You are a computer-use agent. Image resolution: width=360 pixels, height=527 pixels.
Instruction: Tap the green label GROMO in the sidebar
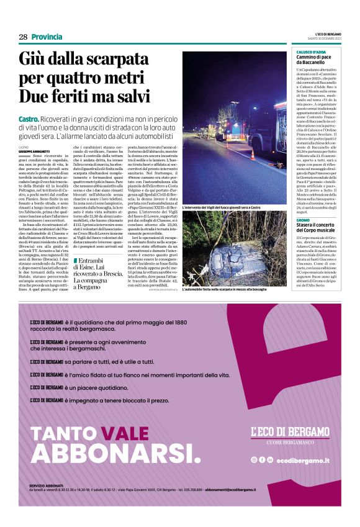[302, 220]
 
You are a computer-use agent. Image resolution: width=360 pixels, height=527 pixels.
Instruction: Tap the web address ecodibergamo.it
[303, 459]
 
